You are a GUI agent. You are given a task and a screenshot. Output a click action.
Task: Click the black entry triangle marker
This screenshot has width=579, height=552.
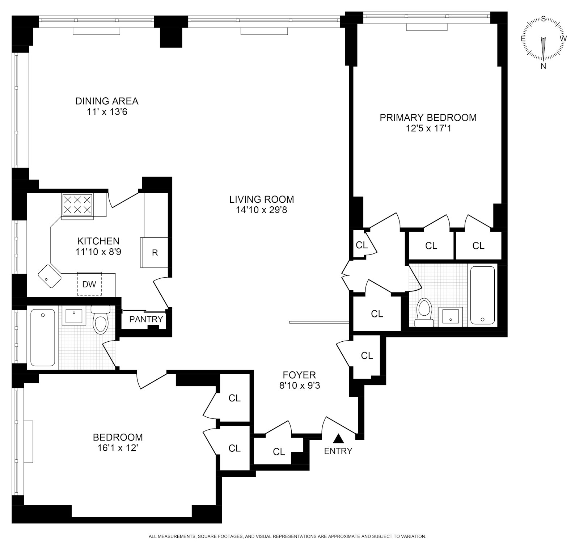point(338,439)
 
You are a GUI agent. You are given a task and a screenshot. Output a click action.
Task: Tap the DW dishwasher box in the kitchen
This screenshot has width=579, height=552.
point(89,284)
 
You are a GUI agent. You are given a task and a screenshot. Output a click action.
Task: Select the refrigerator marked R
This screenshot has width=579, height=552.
point(155,252)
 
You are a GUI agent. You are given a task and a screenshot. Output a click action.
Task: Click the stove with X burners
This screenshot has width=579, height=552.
point(77,205)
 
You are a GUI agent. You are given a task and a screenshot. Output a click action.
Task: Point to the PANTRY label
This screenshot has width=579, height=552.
point(146,319)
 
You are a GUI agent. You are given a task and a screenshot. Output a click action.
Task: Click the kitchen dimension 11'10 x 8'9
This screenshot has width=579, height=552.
point(98,252)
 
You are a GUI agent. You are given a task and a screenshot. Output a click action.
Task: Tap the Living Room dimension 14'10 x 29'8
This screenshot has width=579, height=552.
point(261,210)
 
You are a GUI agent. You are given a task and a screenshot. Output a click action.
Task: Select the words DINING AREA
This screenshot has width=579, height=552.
point(107,101)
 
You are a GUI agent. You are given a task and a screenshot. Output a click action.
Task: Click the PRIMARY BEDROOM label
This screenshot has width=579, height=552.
point(428,118)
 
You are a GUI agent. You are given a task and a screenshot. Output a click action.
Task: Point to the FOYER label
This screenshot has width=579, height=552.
point(299,375)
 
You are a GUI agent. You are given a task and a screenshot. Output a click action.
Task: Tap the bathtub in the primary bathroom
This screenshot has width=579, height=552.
point(482,295)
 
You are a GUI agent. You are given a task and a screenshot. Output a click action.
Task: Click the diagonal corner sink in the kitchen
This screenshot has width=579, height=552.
point(50,276)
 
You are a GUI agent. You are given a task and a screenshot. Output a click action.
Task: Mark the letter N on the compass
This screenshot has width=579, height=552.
point(543,66)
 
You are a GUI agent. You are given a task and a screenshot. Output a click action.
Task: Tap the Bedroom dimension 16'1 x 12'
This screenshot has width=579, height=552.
point(118,448)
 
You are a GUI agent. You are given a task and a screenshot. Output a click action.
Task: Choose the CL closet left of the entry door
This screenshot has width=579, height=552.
point(279,451)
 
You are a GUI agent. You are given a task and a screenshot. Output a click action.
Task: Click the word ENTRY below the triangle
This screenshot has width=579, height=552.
point(338,451)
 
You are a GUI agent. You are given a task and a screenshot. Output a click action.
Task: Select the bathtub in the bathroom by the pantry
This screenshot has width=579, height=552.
point(43,337)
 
